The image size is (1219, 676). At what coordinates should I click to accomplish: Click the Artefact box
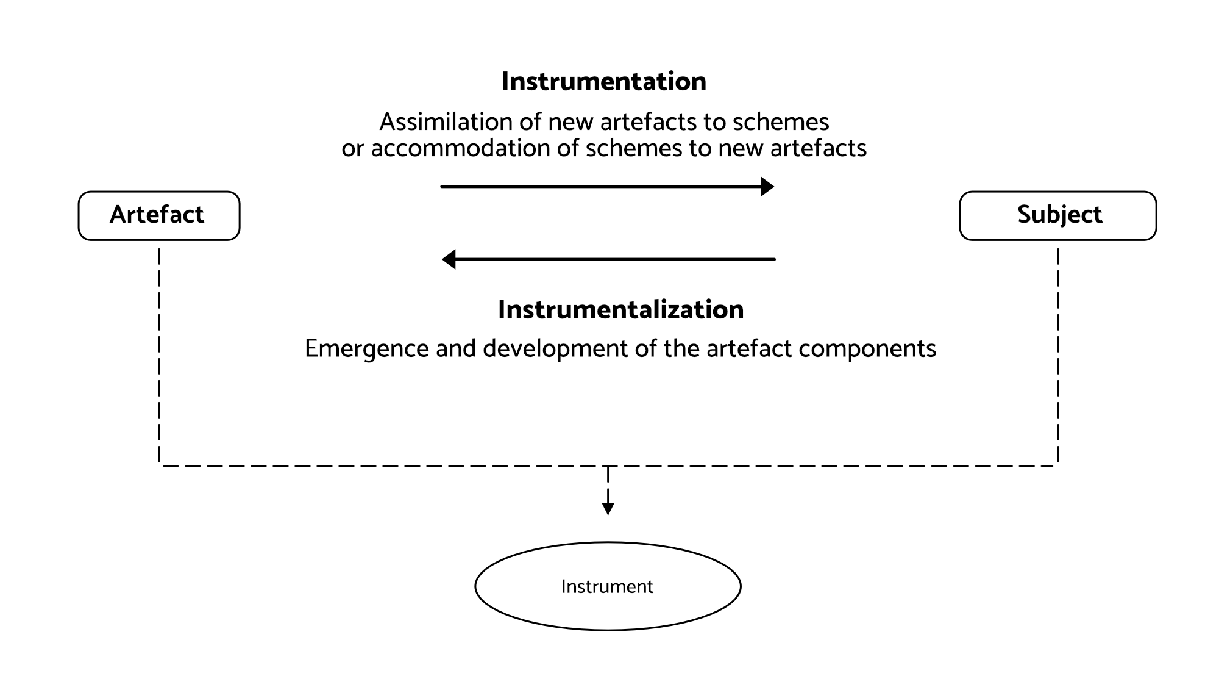tap(159, 215)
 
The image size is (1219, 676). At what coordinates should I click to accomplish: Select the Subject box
tap(1057, 215)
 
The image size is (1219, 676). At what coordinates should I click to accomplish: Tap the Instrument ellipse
tap(608, 586)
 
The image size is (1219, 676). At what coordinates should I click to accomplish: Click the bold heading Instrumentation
tap(603, 82)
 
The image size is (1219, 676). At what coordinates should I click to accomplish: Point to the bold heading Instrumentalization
tap(620, 310)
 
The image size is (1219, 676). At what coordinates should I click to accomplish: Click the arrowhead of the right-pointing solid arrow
tap(767, 186)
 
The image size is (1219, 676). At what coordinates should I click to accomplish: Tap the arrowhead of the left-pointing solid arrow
tap(449, 259)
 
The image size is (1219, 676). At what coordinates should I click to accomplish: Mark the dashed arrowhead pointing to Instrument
tap(608, 508)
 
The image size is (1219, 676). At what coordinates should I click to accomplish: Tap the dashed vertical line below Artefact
tap(159, 354)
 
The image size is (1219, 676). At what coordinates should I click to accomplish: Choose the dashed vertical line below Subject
tap(1058, 354)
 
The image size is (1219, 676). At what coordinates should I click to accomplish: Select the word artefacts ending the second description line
tap(818, 148)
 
